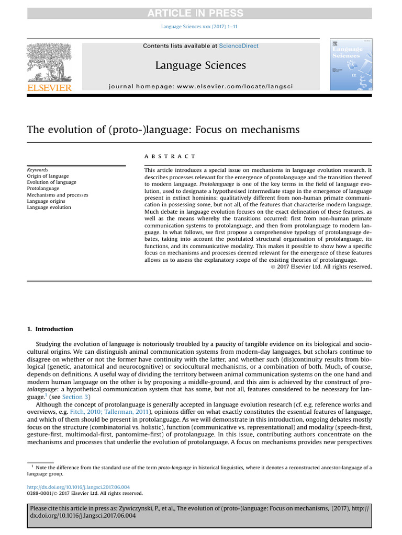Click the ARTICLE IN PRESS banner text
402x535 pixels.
[x=200, y=13]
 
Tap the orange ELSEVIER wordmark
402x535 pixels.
[x=49, y=88]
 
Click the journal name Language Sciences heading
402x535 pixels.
[x=200, y=65]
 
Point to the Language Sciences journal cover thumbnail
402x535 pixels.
[x=350, y=64]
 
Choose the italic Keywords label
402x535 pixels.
[x=38, y=170]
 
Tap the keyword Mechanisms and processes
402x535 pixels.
[x=58, y=195]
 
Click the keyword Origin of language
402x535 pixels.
[x=48, y=176]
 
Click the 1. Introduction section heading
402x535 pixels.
[x=50, y=329]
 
